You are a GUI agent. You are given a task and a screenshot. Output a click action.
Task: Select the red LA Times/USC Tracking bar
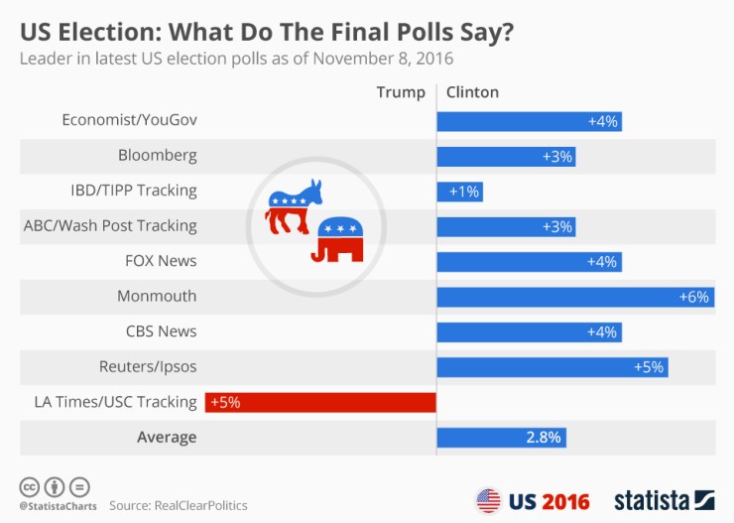point(320,402)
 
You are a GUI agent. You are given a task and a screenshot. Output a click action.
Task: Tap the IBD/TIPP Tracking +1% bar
point(459,192)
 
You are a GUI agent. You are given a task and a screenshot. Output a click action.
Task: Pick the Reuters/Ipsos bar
point(551,367)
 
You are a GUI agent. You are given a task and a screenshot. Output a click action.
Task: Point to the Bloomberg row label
point(158,156)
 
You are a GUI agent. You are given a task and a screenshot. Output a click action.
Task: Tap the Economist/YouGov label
point(129,120)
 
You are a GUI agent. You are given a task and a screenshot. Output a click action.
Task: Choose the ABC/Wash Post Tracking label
point(110,226)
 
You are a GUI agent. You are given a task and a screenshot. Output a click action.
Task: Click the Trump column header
point(400,92)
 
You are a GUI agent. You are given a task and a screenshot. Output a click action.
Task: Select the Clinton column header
point(472,92)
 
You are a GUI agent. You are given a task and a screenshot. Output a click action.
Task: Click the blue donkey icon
point(295,205)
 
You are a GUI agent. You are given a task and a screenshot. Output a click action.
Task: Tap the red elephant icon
point(338,241)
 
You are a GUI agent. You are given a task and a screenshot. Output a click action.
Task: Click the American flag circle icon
point(489,499)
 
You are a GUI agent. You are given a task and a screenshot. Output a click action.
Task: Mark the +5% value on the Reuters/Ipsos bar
point(649,367)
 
